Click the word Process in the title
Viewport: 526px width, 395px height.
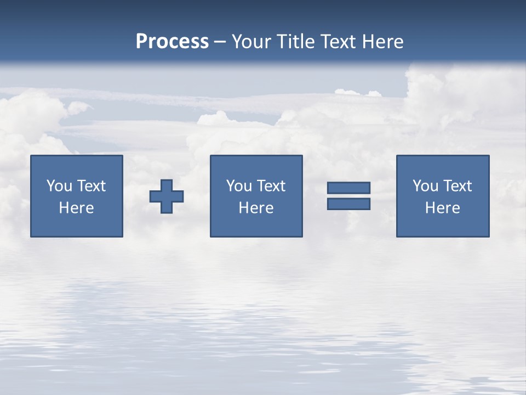point(172,42)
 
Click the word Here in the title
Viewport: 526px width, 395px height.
point(384,42)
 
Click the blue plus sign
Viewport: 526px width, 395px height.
point(167,196)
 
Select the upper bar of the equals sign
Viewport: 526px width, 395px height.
point(348,188)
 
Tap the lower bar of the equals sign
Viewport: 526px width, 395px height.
point(348,204)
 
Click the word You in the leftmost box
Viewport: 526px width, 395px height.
point(59,186)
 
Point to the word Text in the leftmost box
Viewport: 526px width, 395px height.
point(90,186)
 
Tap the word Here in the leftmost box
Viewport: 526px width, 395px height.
point(76,208)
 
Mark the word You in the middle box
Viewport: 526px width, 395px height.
point(239,186)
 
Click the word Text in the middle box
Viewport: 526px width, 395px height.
point(270,186)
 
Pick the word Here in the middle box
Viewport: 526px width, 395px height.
point(256,208)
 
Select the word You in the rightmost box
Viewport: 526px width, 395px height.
point(425,186)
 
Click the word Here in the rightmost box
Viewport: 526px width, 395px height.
point(442,208)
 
